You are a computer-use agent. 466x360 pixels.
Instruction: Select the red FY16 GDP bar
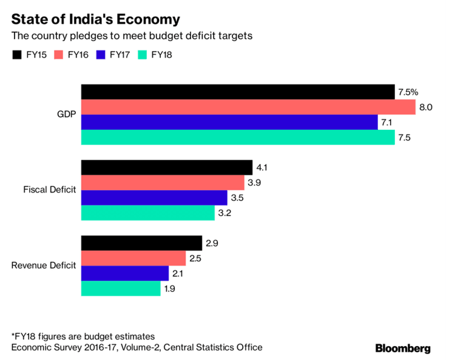[248, 107]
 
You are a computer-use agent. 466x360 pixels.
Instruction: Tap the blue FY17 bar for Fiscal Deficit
[154, 198]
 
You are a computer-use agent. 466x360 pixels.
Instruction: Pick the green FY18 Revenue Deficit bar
[121, 288]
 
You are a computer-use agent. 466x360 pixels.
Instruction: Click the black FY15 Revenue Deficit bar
[141, 243]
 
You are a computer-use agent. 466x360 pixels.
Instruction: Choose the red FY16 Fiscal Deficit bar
[163, 183]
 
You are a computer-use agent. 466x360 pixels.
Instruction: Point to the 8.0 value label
[426, 107]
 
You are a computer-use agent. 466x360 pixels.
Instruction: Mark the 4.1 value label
[263, 168]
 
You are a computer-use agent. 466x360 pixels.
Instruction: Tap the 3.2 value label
[225, 213]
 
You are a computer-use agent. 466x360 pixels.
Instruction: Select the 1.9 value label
[171, 289]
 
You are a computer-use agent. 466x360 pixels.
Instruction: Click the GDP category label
[66, 115]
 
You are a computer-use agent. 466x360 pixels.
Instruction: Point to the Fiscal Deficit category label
[50, 190]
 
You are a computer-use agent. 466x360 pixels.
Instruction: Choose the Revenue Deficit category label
[44, 266]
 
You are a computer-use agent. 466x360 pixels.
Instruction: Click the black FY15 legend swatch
[16, 55]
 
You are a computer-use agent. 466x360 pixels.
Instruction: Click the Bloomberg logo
[403, 348]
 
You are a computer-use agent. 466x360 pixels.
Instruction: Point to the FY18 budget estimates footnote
[83, 336]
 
